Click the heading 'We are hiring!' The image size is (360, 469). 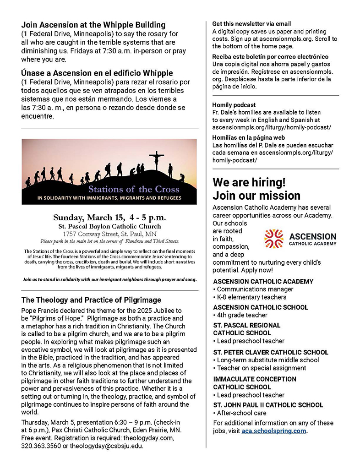[249, 182]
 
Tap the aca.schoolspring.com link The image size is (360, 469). [274, 431]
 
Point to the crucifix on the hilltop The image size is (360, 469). [156, 160]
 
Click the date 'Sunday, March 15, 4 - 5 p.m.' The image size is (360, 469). [109, 217]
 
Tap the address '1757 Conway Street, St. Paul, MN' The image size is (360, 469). [109, 234]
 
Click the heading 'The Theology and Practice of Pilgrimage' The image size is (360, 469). [91, 300]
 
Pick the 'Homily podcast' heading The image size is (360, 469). [234, 105]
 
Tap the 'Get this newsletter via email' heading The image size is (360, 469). [251, 24]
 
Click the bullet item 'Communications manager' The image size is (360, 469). [255, 289]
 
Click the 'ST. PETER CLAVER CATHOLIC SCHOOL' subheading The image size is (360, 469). [271, 352]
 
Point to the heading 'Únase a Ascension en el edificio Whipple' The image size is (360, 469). [97, 73]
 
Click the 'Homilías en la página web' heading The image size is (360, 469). [249, 137]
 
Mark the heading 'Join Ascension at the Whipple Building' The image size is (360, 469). [93, 25]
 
